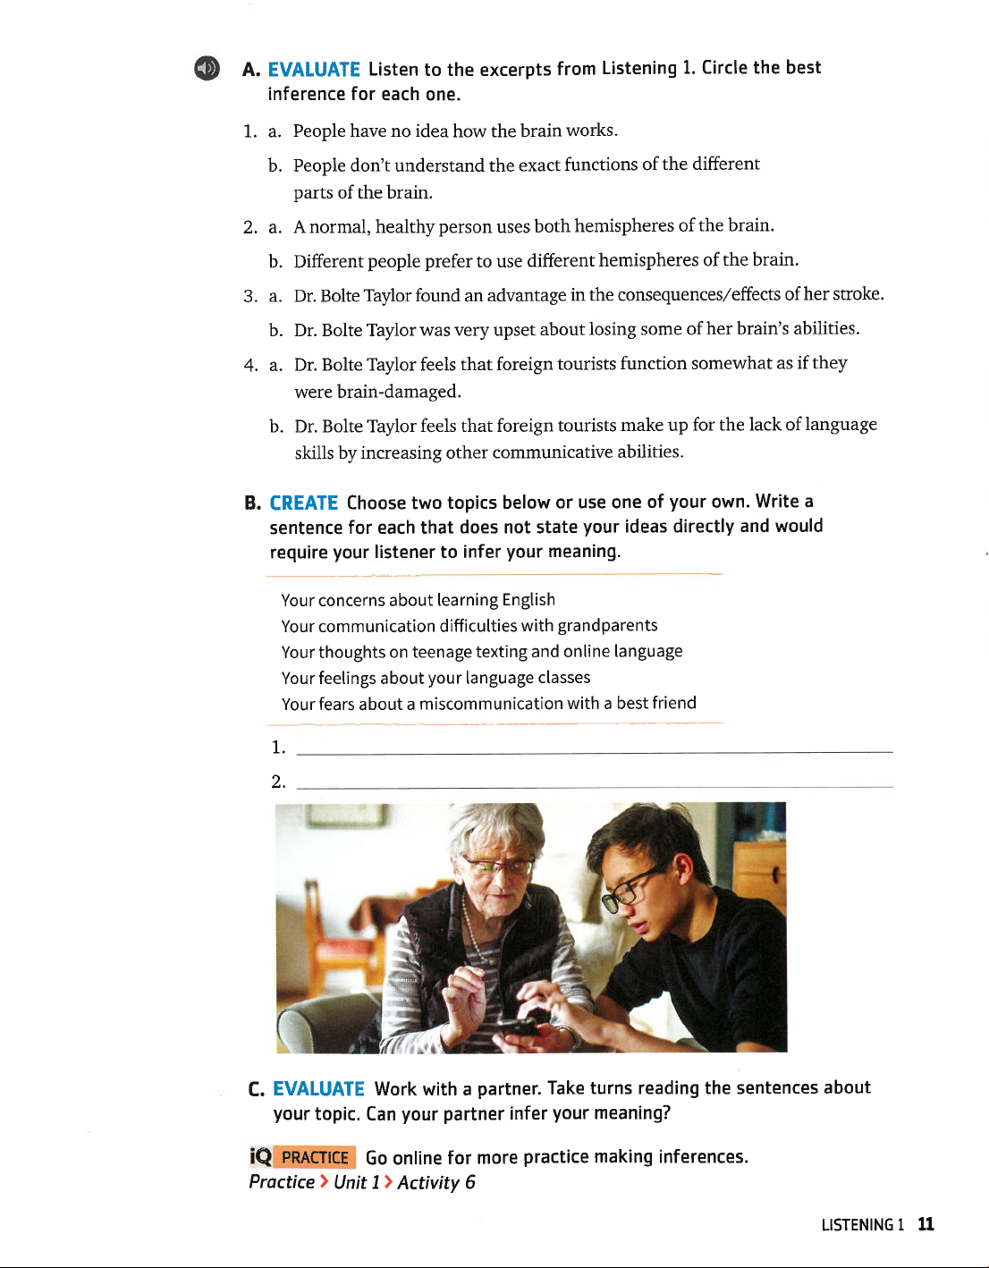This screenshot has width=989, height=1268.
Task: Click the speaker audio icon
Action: coord(207,68)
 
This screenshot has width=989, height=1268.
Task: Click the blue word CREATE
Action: coord(303,503)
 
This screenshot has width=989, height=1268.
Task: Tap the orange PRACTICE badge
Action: coord(314,1157)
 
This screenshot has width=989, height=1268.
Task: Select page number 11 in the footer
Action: coord(926,1224)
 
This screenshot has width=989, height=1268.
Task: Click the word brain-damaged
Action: coord(399,392)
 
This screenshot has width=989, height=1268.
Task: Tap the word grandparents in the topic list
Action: coord(607,625)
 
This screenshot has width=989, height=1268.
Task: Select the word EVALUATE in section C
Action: coord(318,1089)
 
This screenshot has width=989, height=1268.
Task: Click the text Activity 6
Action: coord(436,1183)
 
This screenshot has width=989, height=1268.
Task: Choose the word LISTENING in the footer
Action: coord(857,1225)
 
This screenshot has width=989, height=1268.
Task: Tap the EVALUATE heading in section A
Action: coord(314,70)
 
